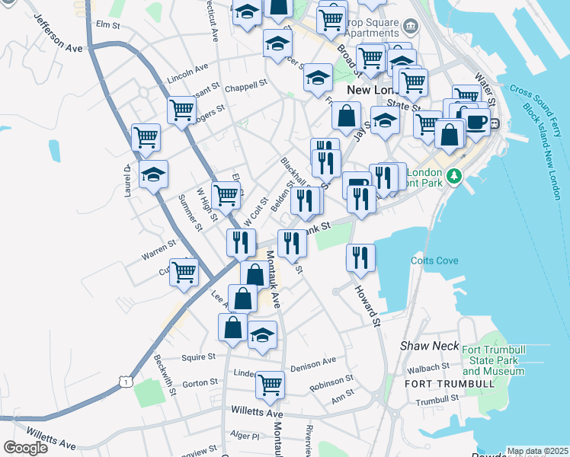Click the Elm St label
click(109, 25)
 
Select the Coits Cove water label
click(434, 260)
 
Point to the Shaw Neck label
click(430, 346)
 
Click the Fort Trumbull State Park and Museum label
click(493, 360)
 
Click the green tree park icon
click(454, 176)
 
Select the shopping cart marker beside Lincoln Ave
click(181, 110)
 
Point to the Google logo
click(26, 448)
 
